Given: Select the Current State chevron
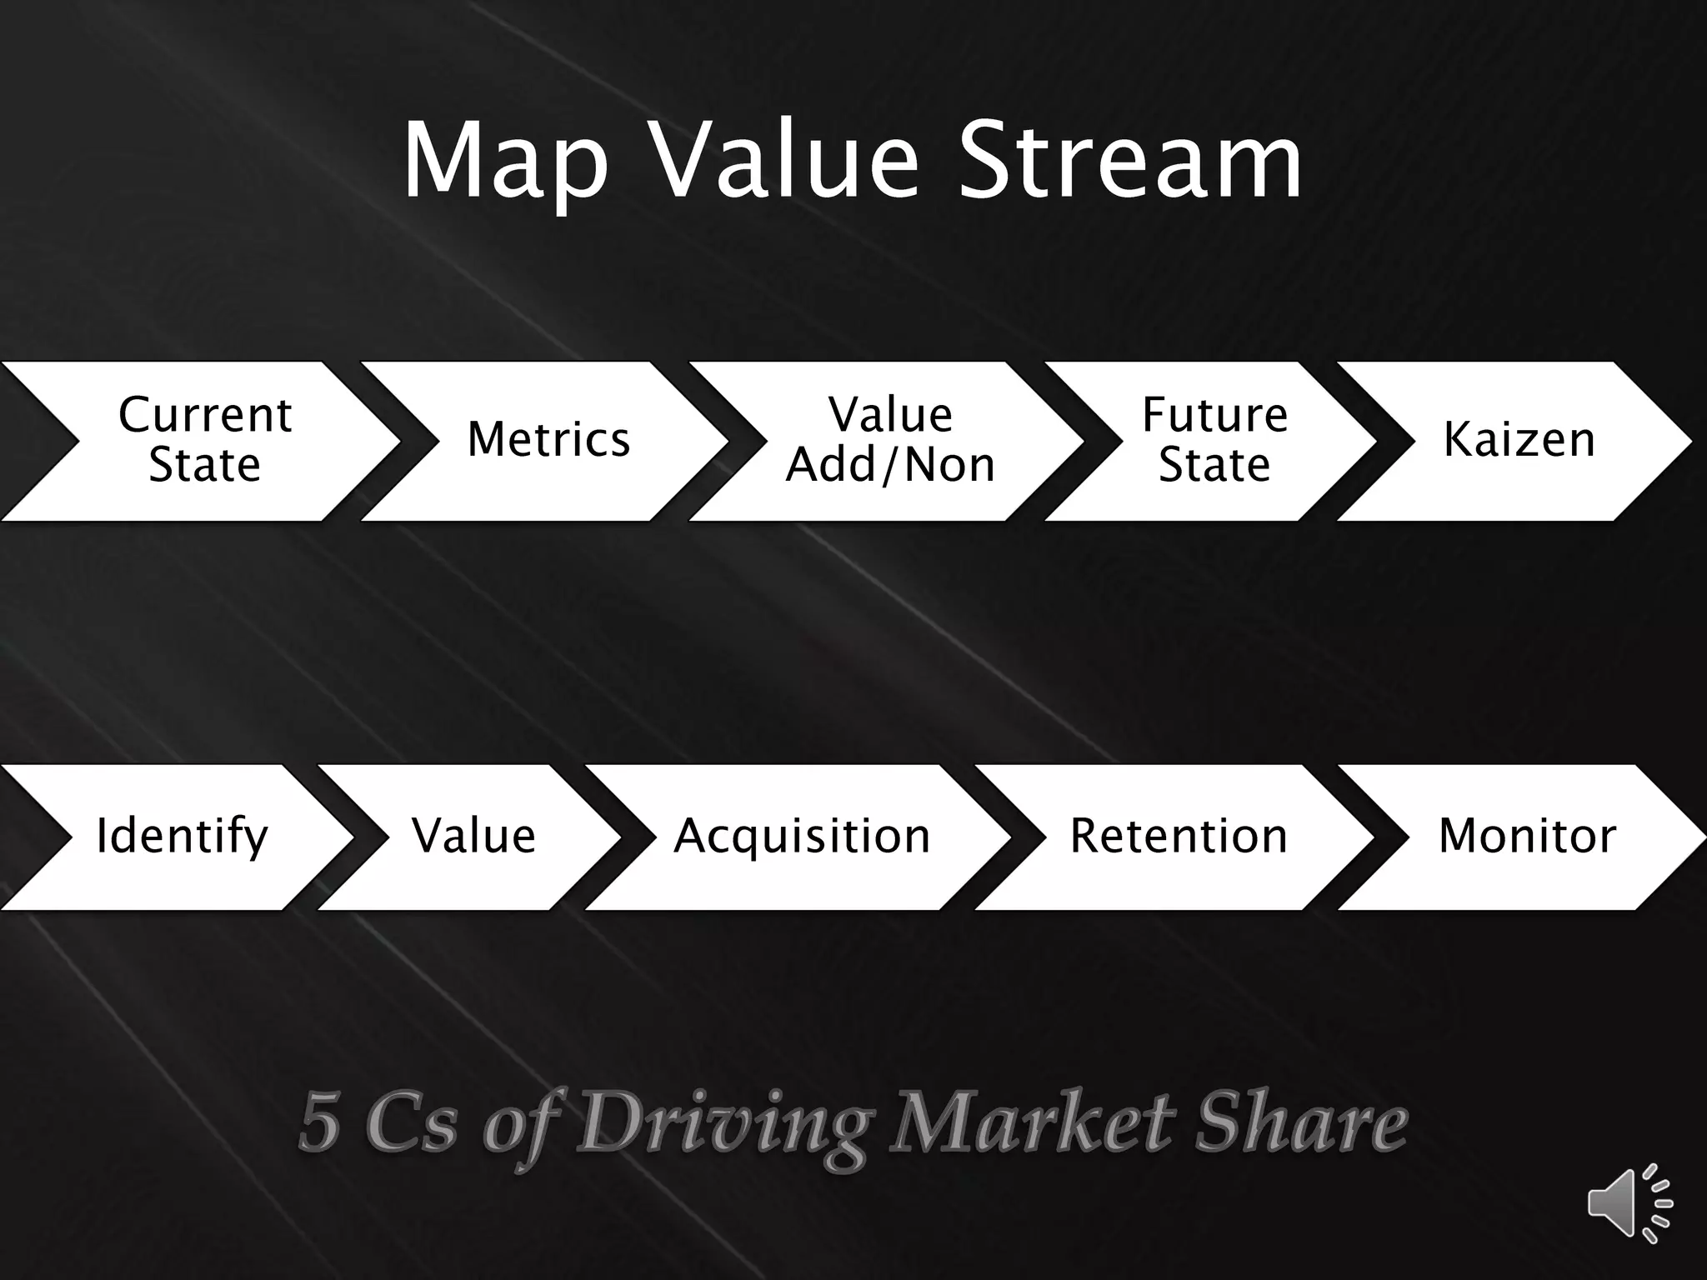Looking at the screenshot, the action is click(204, 440).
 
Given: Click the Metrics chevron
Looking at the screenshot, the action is click(548, 440).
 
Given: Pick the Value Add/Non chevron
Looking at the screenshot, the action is click(890, 440).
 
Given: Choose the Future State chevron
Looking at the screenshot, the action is click(1214, 440).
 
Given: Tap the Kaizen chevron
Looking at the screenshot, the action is click(1519, 440).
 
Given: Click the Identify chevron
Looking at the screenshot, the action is click(182, 837).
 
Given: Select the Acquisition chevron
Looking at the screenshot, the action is click(802, 837).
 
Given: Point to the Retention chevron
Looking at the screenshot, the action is click(1179, 837).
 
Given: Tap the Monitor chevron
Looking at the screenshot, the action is click(1527, 837).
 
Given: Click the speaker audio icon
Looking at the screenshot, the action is click(1629, 1203).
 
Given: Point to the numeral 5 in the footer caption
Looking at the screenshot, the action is click(319, 1122).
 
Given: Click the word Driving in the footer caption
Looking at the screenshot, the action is click(723, 1123).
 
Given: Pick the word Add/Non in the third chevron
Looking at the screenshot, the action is click(890, 465).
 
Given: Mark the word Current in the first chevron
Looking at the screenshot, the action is click(205, 415).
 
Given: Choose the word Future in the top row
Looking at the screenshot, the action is click(1214, 415).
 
